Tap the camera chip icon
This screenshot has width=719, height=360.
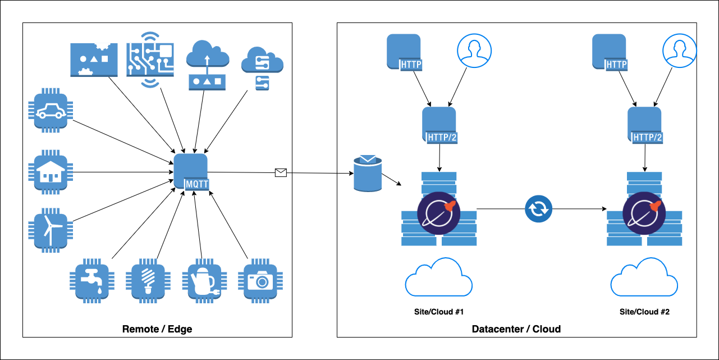[258, 280]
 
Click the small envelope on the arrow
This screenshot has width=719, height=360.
[281, 172]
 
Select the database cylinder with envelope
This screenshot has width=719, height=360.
[367, 174]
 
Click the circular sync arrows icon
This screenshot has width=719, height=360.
[539, 209]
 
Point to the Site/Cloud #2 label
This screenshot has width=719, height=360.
[645, 312]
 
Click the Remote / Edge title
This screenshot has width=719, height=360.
[157, 329]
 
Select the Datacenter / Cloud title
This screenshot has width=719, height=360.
[516, 329]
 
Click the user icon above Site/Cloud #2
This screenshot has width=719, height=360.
[679, 51]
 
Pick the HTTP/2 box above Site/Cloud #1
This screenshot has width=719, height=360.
[439, 126]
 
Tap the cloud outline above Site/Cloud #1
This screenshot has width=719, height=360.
[438, 277]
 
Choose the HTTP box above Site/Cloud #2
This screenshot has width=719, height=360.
[610, 52]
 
